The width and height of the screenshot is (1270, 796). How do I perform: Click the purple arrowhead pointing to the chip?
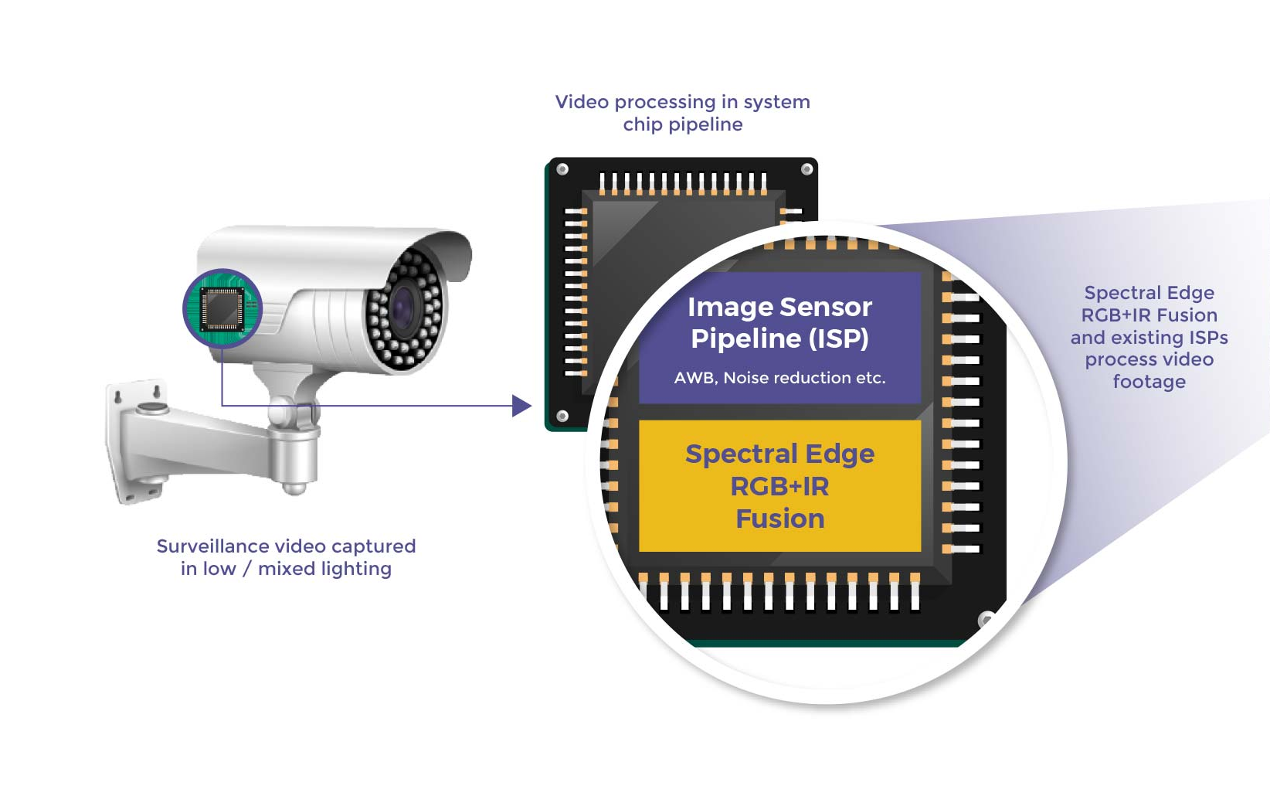tap(521, 406)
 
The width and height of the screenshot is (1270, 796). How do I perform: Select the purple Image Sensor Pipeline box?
tap(779, 337)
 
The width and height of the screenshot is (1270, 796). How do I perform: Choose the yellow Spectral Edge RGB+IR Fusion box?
tap(779, 485)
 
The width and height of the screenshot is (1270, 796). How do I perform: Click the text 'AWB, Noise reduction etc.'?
tap(779, 378)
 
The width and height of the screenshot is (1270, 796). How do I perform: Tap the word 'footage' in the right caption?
tap(1149, 382)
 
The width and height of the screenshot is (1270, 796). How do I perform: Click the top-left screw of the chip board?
tap(562, 169)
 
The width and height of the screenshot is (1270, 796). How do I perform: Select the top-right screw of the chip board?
tap(806, 169)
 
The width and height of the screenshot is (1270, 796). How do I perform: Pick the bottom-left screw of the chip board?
tap(562, 417)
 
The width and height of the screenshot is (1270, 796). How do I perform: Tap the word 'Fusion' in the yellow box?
tap(779, 519)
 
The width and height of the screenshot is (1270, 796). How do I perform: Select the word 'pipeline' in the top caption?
tap(705, 125)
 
